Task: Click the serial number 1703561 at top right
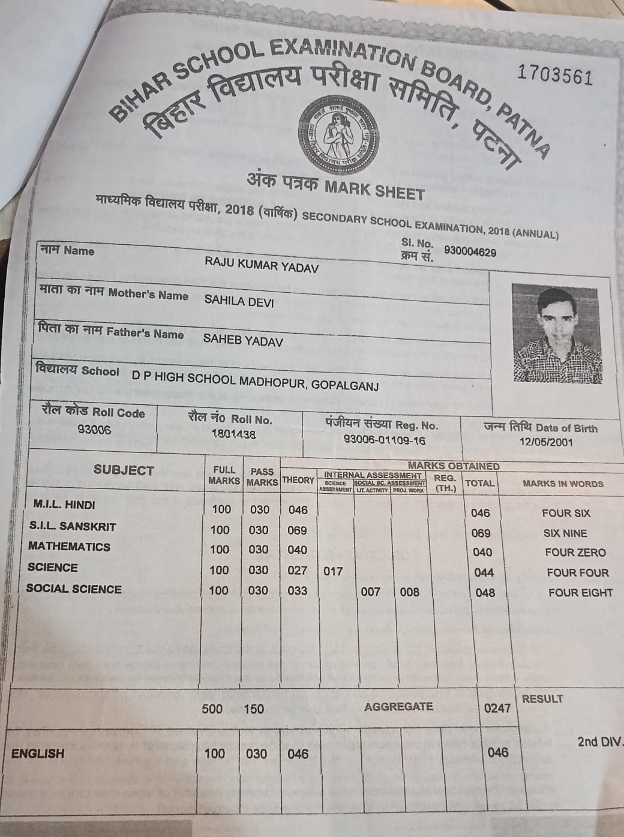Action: [554, 76]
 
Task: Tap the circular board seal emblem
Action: [340, 134]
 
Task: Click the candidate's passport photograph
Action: [557, 334]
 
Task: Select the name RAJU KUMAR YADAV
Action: [262, 265]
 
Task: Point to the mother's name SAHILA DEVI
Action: [239, 301]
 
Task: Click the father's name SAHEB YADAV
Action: [243, 340]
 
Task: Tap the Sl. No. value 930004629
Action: [470, 252]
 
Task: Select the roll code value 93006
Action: [94, 430]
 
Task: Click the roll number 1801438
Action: [233, 434]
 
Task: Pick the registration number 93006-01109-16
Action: [384, 440]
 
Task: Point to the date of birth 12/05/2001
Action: [546, 442]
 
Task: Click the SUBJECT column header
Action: [124, 470]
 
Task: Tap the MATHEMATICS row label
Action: [69, 547]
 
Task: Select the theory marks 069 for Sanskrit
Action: [297, 530]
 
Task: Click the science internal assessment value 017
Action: [333, 571]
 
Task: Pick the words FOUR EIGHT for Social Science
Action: [580, 593]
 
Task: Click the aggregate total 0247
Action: [497, 708]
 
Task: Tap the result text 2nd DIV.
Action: [599, 742]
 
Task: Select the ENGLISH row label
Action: [38, 754]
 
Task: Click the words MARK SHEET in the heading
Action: [374, 190]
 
